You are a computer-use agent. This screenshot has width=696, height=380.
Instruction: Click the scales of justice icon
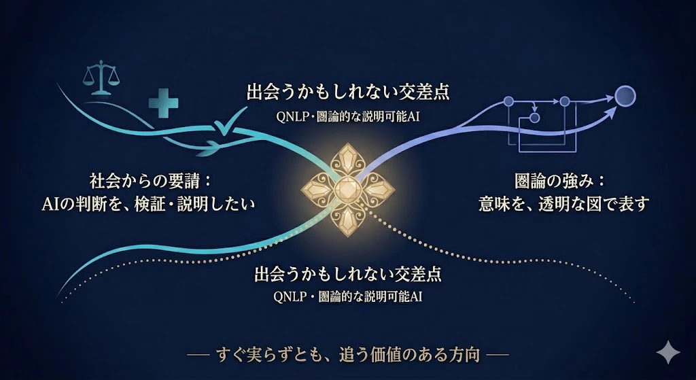[x=101, y=77]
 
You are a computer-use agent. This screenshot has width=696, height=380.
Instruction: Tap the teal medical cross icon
[x=163, y=103]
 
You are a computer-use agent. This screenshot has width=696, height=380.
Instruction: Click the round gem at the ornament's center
[x=347, y=190]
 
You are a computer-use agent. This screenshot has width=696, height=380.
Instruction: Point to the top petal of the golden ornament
[x=348, y=160]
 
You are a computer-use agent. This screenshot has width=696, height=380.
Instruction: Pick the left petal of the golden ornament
[x=318, y=190]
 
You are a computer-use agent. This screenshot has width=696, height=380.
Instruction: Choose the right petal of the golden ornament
[x=377, y=190]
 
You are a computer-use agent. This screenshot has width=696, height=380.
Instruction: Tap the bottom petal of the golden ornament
[x=347, y=220]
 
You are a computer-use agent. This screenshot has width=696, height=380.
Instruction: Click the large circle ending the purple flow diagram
[x=625, y=96]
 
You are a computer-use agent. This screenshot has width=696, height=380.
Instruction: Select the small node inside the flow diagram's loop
[x=535, y=118]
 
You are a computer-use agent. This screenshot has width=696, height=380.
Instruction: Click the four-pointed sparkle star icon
[x=668, y=352]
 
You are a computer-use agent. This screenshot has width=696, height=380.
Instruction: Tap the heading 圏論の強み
[x=554, y=182]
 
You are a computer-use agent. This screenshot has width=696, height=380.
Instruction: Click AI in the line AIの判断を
[x=50, y=205]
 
